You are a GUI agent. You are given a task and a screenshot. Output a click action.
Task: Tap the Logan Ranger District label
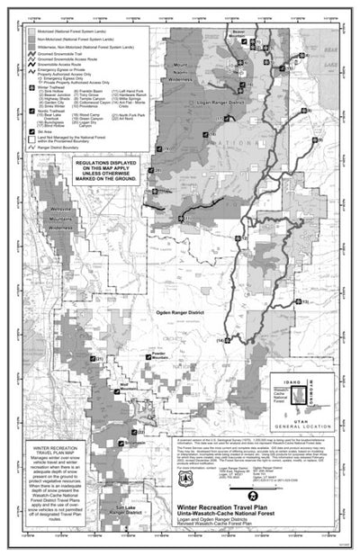(x=219, y=104)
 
